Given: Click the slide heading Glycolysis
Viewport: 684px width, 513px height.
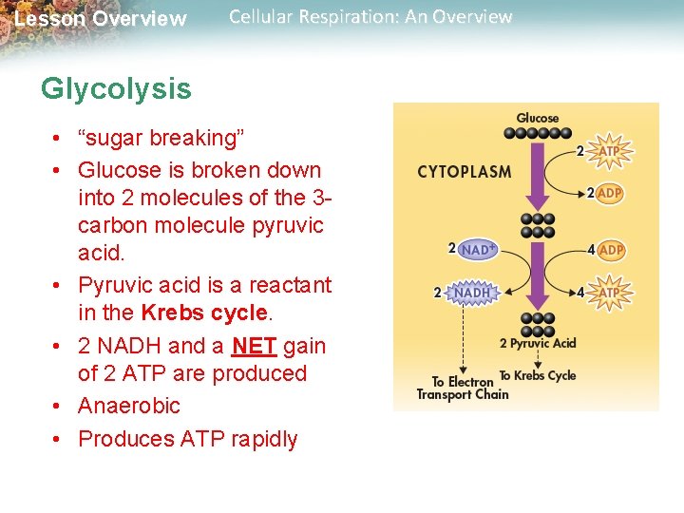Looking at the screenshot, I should (x=116, y=89).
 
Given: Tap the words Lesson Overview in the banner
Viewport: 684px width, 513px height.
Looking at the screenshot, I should (x=101, y=19).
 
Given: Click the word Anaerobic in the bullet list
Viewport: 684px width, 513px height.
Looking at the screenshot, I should (x=129, y=406).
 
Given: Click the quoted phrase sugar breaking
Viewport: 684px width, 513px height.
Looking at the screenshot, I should (x=161, y=138).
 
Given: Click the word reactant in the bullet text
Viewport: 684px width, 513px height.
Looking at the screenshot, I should (x=287, y=285).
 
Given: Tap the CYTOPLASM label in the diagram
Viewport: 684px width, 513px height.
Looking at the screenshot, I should (x=464, y=173).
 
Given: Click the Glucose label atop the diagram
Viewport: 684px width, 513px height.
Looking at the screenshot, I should (x=538, y=119).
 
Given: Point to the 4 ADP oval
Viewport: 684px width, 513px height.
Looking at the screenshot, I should (x=611, y=250).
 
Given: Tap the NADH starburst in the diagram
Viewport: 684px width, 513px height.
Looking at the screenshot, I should (x=472, y=293).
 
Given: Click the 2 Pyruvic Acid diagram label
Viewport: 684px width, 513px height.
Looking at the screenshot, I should (x=538, y=344).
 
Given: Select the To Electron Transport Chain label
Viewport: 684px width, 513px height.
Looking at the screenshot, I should (x=463, y=388).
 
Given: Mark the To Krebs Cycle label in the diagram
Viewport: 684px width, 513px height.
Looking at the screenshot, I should (x=538, y=375).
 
